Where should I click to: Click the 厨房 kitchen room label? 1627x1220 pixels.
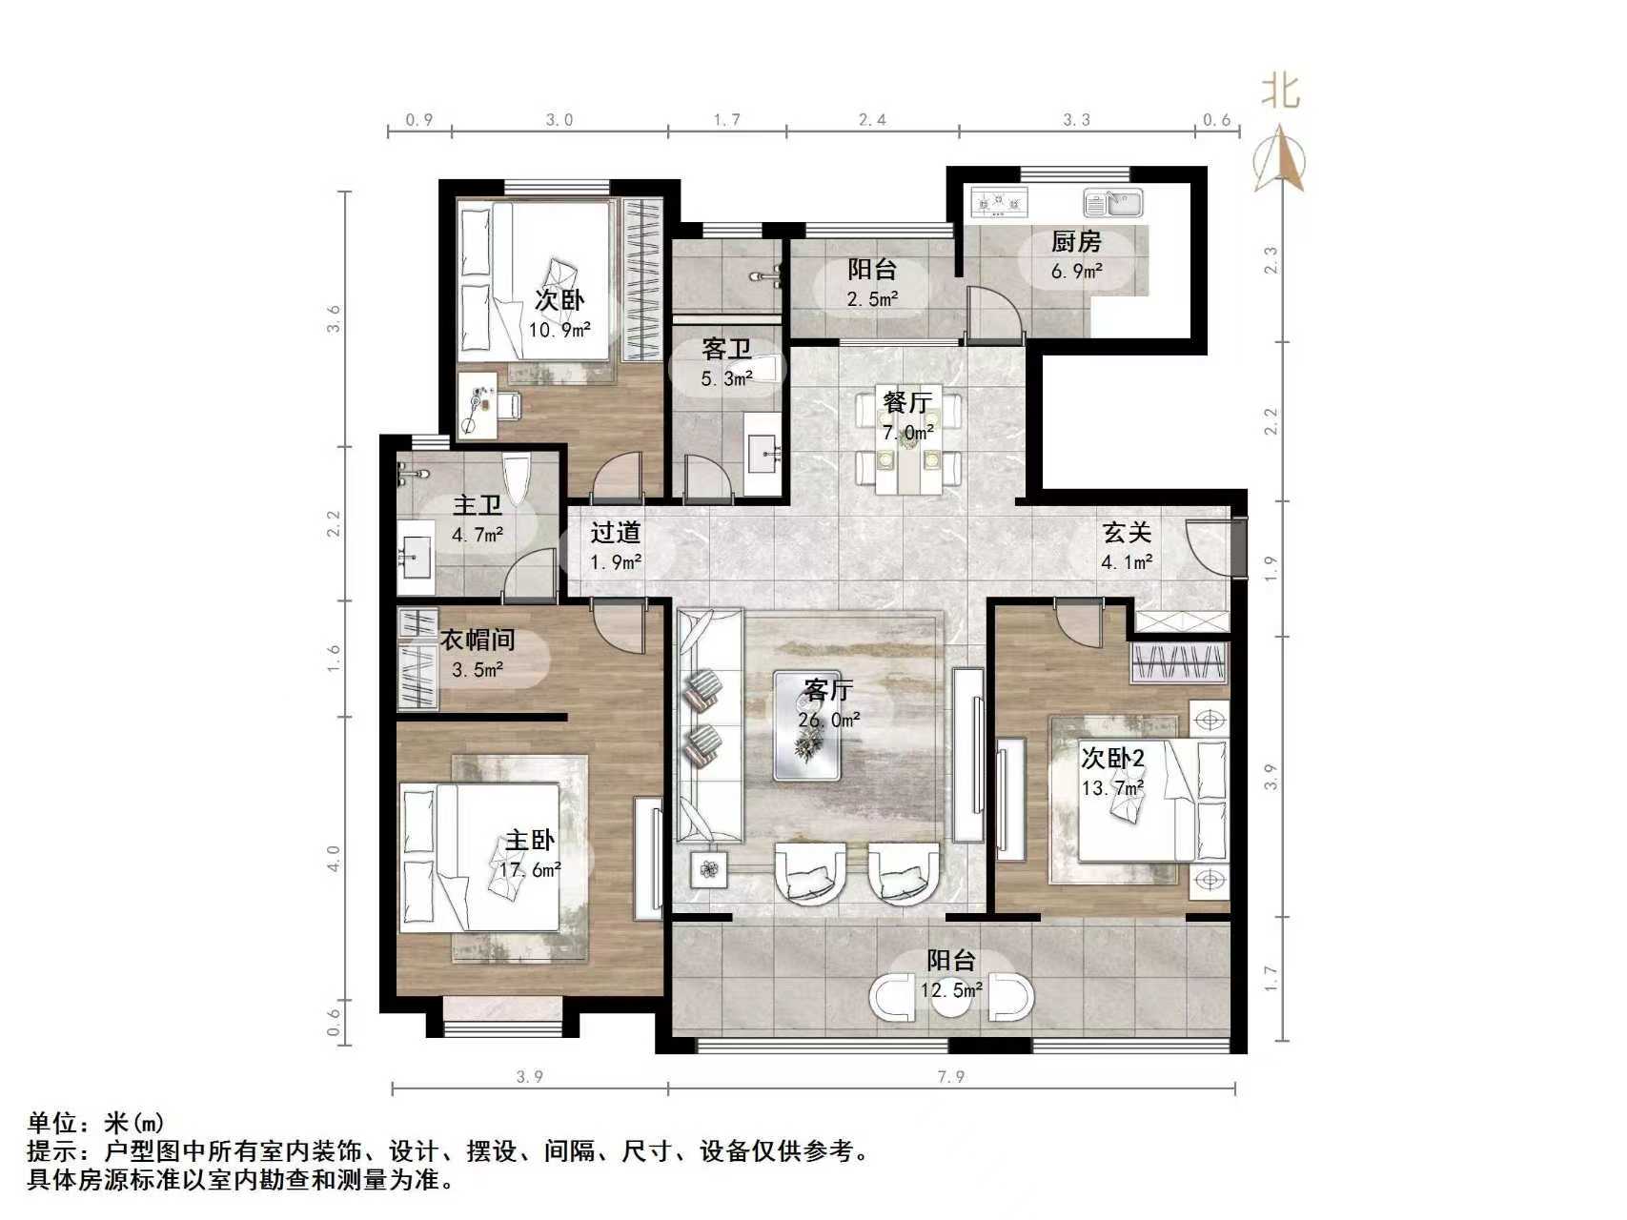click(1076, 242)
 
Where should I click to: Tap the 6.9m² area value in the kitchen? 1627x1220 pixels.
click(1077, 272)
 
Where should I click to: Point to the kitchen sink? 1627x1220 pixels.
click(1112, 203)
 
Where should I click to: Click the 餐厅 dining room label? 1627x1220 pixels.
click(906, 402)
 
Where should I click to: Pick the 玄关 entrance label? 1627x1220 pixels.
click(1128, 532)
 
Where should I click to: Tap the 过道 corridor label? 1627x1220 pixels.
click(615, 533)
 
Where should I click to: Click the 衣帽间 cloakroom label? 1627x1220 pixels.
click(478, 640)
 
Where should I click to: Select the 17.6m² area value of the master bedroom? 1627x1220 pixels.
click(530, 869)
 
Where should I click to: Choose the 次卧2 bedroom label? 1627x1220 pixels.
click(1112, 759)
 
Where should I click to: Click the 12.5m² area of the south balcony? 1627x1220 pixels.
click(951, 991)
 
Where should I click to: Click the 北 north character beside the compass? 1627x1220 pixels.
click(1280, 92)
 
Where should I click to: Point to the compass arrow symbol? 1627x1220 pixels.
click(1279, 162)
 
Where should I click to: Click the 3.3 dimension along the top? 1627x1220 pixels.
click(1076, 120)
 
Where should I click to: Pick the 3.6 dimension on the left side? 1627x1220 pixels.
click(334, 318)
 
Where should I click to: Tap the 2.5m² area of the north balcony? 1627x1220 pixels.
click(873, 299)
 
